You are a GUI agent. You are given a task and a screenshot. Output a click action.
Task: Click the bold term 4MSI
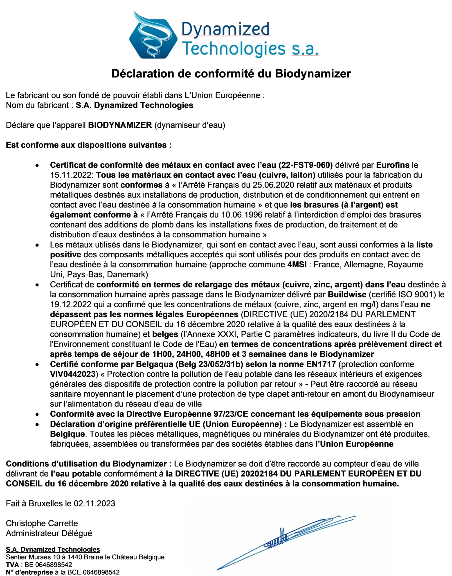(x=297, y=264)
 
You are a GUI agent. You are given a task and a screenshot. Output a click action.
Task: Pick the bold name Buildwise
(x=347, y=294)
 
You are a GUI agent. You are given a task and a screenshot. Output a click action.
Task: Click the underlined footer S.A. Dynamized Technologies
(x=53, y=549)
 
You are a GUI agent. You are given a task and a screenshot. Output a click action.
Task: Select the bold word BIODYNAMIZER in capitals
(x=120, y=125)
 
